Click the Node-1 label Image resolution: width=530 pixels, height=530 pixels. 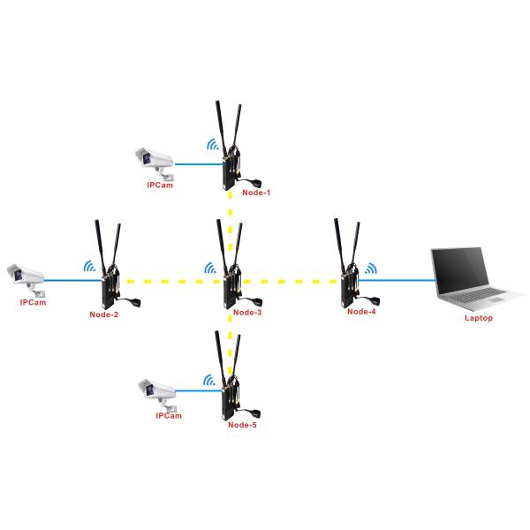(x=255, y=192)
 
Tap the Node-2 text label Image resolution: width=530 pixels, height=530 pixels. (x=104, y=314)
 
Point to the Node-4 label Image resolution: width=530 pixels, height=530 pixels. (x=361, y=311)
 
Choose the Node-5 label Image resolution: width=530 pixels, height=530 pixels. (x=242, y=425)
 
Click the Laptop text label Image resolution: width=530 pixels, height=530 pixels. (x=478, y=317)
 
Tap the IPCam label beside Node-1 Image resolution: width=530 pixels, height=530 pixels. (x=161, y=186)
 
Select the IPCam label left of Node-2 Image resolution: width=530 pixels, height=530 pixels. (x=32, y=302)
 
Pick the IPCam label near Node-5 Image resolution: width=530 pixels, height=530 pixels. (x=168, y=415)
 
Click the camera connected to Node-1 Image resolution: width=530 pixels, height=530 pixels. (x=152, y=159)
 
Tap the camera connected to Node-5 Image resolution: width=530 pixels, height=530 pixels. (x=158, y=388)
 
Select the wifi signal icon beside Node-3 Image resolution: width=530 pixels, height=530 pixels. (x=211, y=268)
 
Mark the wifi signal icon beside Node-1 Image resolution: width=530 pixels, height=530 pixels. (x=211, y=145)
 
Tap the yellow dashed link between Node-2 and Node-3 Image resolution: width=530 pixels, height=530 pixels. (x=168, y=282)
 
